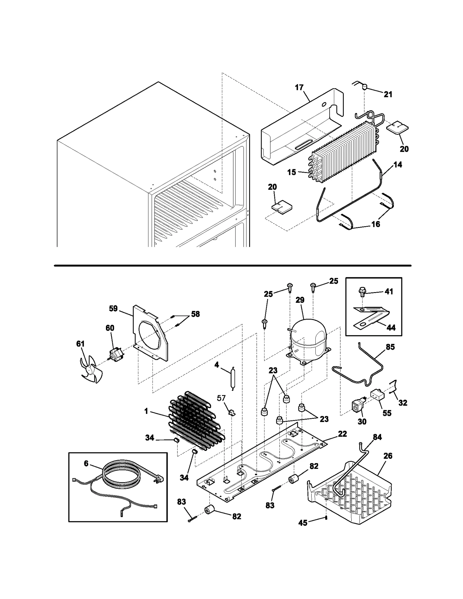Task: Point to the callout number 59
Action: [113, 309]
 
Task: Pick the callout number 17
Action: [299, 87]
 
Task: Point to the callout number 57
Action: [221, 398]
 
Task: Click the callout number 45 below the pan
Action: [303, 523]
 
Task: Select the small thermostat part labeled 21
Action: [365, 86]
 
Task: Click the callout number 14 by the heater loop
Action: [398, 165]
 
